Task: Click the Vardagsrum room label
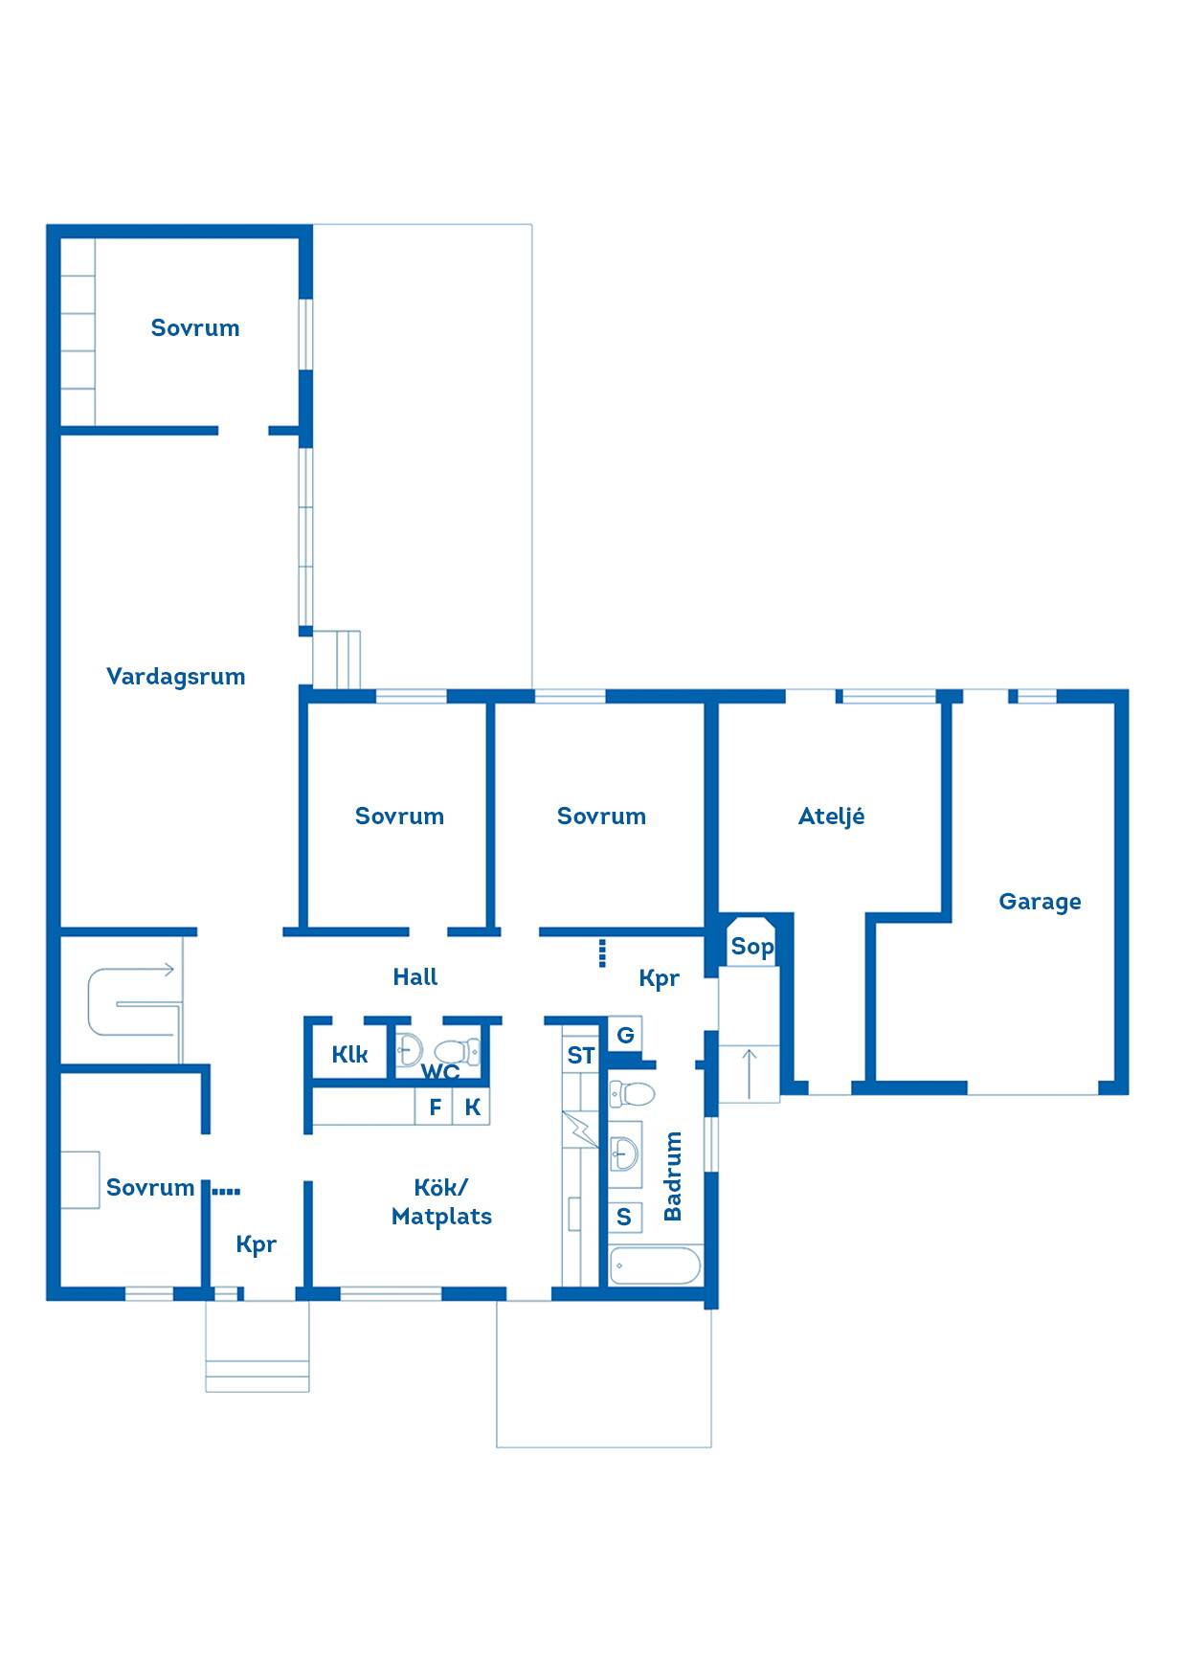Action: (x=175, y=677)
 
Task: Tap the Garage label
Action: (x=1040, y=902)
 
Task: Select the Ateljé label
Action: (x=831, y=816)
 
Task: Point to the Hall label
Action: (x=415, y=976)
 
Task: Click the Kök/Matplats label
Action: (x=441, y=1202)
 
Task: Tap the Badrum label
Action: (x=673, y=1175)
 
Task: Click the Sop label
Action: (x=751, y=948)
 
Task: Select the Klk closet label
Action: (x=349, y=1055)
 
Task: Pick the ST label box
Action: (x=580, y=1056)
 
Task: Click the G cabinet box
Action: (x=625, y=1035)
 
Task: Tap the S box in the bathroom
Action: (x=624, y=1217)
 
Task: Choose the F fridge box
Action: (x=435, y=1108)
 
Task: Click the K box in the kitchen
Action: (x=472, y=1108)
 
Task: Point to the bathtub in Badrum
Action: (x=656, y=1265)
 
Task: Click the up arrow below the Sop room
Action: (x=750, y=1073)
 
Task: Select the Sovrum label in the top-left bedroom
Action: (x=195, y=328)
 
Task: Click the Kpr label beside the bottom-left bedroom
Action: (x=256, y=1244)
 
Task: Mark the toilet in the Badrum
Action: (x=632, y=1092)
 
